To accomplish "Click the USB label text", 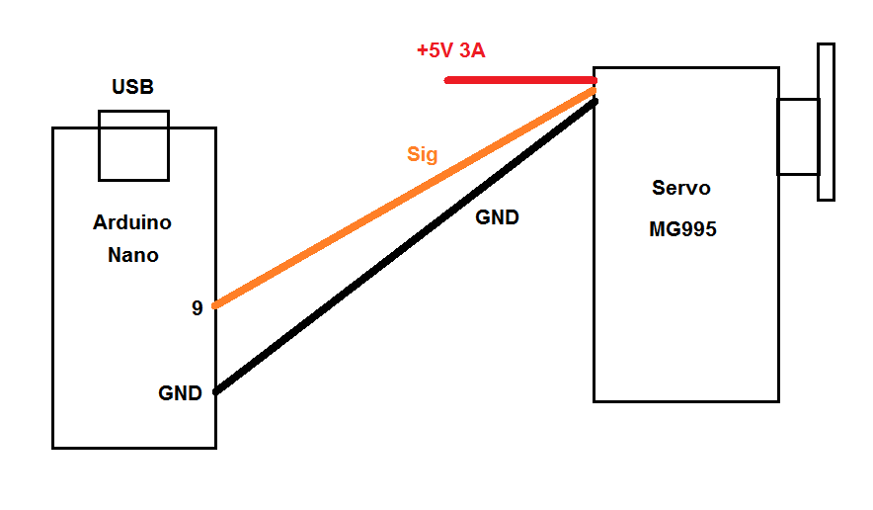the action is (132, 86).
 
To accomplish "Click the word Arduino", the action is (132, 222).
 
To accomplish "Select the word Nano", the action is (133, 255).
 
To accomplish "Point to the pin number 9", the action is (198, 307).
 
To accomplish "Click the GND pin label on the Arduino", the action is (180, 393).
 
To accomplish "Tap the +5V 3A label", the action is (451, 50).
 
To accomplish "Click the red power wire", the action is (520, 80).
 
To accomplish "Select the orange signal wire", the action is (405, 198).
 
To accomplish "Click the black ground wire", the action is (406, 246).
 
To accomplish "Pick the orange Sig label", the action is (423, 154).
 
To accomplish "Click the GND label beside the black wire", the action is (497, 217).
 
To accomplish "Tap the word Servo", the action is (680, 188).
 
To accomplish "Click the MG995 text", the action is (682, 229).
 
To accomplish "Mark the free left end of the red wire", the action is (446, 80).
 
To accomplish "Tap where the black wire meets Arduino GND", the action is (216, 391).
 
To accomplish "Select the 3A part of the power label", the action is (472, 50).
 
